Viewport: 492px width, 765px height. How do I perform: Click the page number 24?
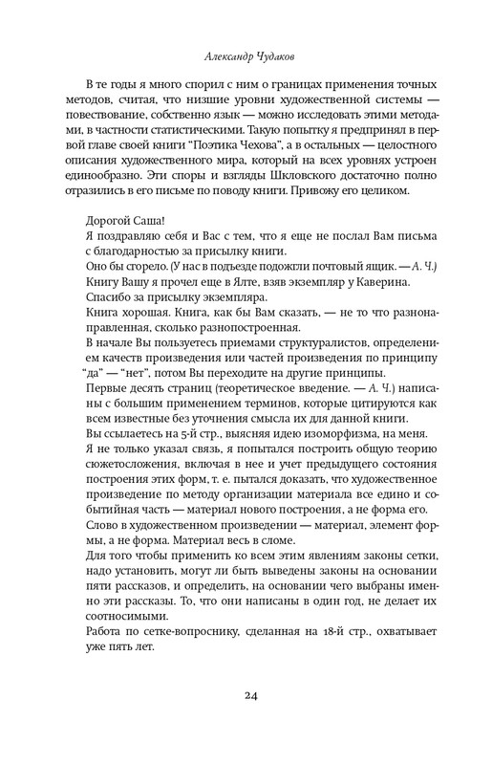(246, 694)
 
